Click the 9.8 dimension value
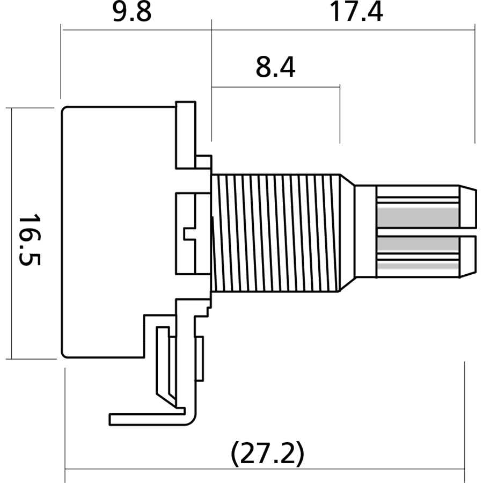[x=132, y=12]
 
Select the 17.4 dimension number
[x=356, y=12]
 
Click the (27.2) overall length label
[x=267, y=454]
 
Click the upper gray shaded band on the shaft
[x=418, y=217]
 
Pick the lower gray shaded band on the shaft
[x=418, y=246]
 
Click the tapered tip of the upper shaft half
[x=467, y=207]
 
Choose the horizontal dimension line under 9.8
[x=136, y=30]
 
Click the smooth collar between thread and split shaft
[x=365, y=233]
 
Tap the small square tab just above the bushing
[x=203, y=161]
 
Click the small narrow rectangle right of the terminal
[x=200, y=359]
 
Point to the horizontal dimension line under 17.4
[x=343, y=30]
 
